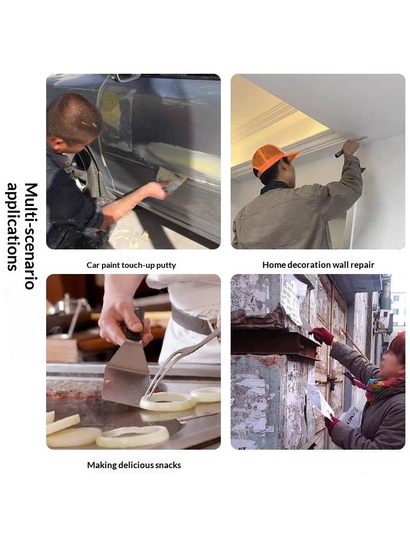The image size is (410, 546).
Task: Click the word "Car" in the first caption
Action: click(x=93, y=265)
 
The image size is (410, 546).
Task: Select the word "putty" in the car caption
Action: click(x=166, y=265)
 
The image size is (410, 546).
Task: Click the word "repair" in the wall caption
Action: click(x=362, y=265)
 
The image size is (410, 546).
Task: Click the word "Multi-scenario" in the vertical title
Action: click(x=31, y=236)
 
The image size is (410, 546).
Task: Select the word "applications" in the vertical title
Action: click(x=12, y=227)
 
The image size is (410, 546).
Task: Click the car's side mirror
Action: click(x=124, y=77)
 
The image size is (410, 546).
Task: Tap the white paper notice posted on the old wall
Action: click(x=293, y=299)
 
